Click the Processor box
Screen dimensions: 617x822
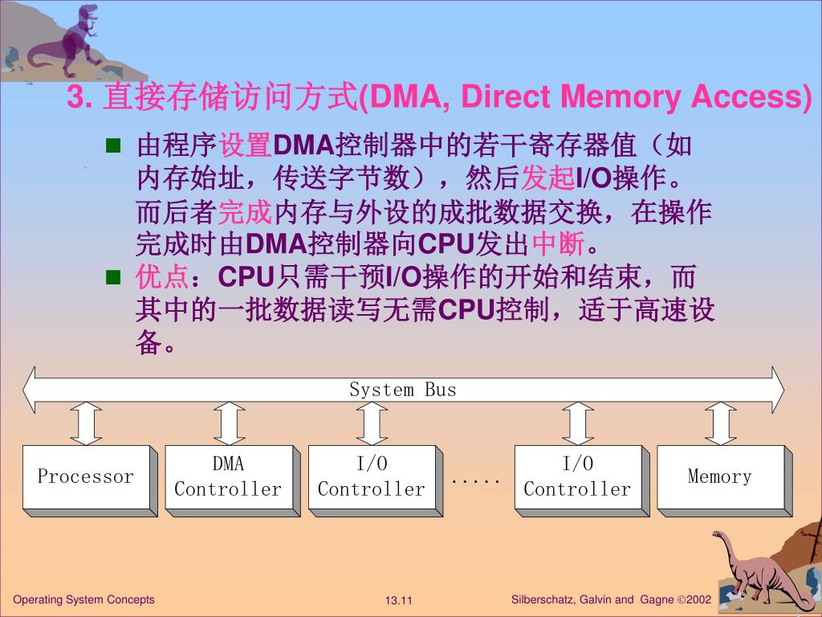(85, 476)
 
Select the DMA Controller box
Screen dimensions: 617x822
(228, 476)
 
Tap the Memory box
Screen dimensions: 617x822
(719, 476)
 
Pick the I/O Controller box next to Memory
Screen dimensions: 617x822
(577, 476)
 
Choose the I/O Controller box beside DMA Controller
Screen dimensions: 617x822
(371, 476)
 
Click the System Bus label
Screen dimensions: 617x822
(402, 390)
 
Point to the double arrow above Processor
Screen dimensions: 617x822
(86, 423)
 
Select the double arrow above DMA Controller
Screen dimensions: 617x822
(229, 423)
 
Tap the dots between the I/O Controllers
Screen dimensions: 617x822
(475, 481)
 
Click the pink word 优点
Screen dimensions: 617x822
(161, 277)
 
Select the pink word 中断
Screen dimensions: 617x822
(560, 242)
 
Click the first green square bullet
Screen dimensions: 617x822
(112, 145)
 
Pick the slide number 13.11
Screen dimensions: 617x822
(398, 601)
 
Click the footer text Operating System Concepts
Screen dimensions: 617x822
(84, 599)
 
